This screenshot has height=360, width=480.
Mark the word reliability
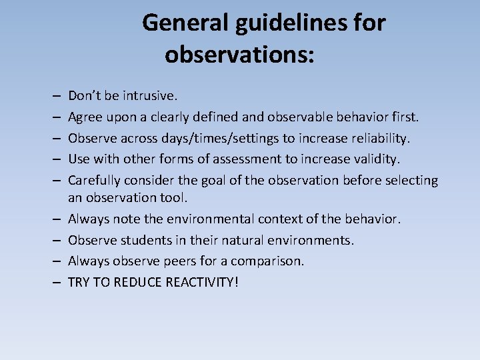[x=375, y=138]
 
